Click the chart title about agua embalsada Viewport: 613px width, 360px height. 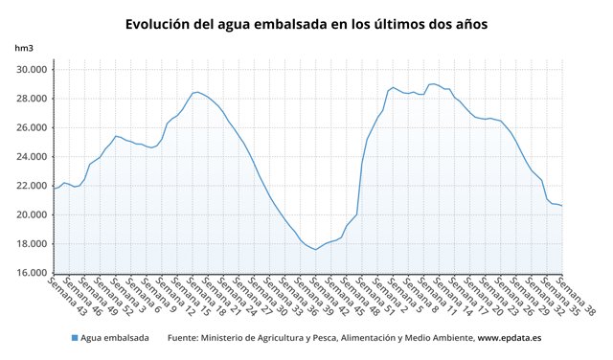click(306, 22)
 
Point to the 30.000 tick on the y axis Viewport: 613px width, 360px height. click(30, 70)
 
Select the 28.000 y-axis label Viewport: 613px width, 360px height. click(30, 99)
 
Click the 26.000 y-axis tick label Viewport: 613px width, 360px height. click(30, 127)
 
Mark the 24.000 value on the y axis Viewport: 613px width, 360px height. click(30, 157)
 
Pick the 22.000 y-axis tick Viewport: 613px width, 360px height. click(30, 186)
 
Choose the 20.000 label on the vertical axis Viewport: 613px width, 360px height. click(30, 214)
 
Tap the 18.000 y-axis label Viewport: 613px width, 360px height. click(30, 243)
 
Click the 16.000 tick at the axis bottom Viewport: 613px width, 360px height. click(30, 273)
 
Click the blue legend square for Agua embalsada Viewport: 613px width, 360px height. click(74, 338)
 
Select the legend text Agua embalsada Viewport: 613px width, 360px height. click(114, 338)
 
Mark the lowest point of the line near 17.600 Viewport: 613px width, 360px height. click(315, 250)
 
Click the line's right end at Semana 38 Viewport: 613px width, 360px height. click(562, 206)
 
